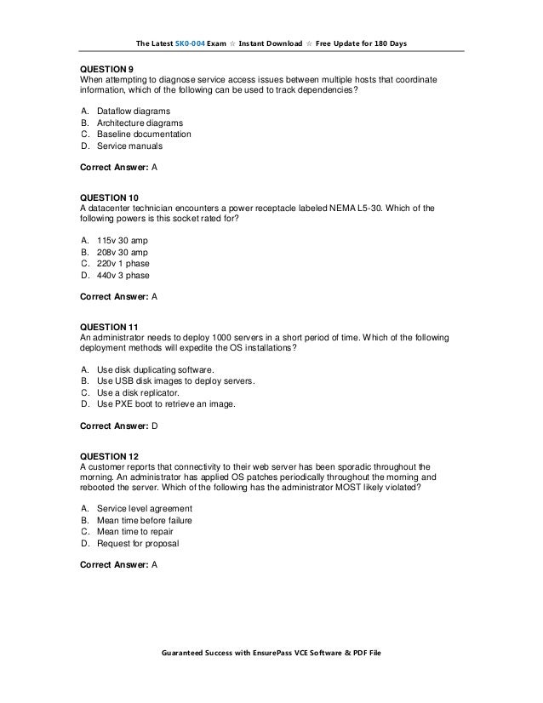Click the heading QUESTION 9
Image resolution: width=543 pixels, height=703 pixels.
pyautogui.click(x=106, y=68)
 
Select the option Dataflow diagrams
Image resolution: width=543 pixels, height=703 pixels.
pyautogui.click(x=133, y=111)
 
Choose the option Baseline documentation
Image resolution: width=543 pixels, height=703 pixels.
pyautogui.click(x=144, y=134)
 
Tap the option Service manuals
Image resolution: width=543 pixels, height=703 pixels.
pyautogui.click(x=129, y=146)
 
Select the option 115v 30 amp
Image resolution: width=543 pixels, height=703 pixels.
pyautogui.click(x=123, y=241)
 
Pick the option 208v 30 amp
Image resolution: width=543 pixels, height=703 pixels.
pyautogui.click(x=123, y=253)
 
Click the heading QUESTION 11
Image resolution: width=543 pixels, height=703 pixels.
pyautogui.click(x=109, y=327)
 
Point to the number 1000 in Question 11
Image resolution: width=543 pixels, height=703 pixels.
pyautogui.click(x=208, y=338)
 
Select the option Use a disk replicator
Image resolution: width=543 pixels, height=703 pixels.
pyautogui.click(x=138, y=393)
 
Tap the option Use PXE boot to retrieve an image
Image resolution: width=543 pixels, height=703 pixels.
pyautogui.click(x=166, y=404)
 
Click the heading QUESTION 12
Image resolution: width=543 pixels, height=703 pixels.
pyautogui.click(x=109, y=456)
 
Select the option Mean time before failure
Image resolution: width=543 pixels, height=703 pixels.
pyautogui.click(x=144, y=521)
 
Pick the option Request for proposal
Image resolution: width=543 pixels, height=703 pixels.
pyautogui.click(x=138, y=543)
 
